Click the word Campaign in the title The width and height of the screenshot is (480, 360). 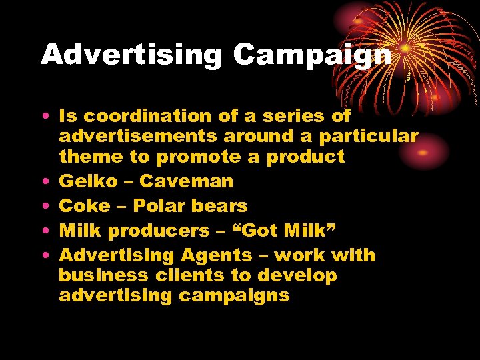(x=312, y=55)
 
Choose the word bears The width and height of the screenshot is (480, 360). (x=219, y=206)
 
